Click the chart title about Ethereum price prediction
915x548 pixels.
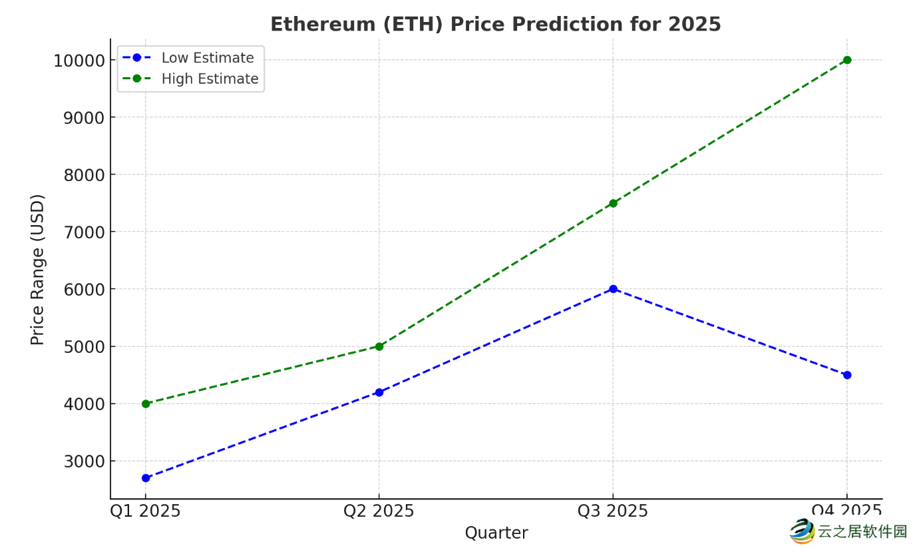click(495, 25)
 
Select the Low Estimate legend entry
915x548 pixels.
click(207, 58)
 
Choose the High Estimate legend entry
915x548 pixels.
click(210, 79)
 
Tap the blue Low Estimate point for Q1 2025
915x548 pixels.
click(146, 478)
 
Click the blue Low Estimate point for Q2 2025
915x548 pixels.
click(379, 392)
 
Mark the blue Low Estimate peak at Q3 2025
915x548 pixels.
click(613, 289)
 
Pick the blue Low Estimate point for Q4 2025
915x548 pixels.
click(847, 375)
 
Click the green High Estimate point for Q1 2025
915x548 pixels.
click(146, 404)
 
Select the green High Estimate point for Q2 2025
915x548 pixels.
click(379, 346)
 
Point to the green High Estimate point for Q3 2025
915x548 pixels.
click(613, 203)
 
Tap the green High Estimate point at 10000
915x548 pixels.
click(847, 60)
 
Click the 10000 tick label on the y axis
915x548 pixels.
click(79, 61)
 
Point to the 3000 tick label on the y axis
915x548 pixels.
click(85, 461)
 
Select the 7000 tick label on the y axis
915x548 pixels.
click(85, 232)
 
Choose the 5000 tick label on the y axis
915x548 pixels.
click(85, 347)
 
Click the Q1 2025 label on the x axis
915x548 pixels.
click(145, 511)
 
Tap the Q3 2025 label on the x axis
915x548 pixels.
click(612, 511)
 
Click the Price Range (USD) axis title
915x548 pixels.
click(38, 269)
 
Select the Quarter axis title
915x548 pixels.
click(496, 533)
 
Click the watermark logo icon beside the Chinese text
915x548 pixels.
click(802, 531)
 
